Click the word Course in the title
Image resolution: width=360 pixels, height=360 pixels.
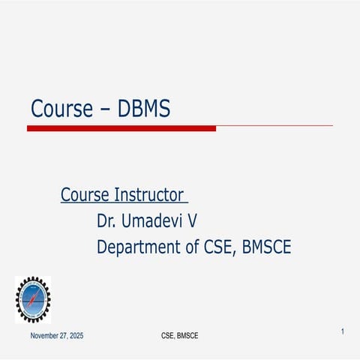point(61,109)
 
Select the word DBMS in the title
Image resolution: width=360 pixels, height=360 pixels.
point(144,109)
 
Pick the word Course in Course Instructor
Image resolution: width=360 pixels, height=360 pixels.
point(84,196)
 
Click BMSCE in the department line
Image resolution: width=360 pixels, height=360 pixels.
point(266,247)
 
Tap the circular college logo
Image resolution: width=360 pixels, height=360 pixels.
point(33,299)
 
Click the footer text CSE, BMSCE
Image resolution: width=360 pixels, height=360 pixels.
point(180,335)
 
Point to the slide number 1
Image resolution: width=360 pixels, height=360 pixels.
point(342,331)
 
